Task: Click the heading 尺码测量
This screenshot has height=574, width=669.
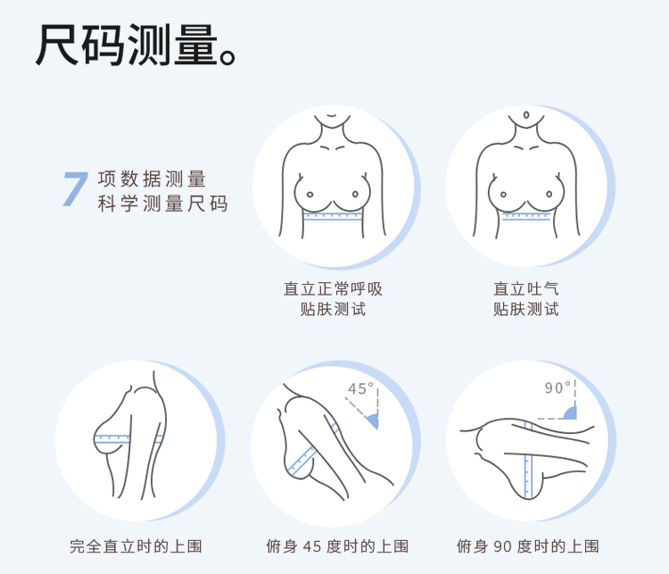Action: tap(128, 45)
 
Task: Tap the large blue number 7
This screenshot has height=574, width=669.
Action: tap(76, 188)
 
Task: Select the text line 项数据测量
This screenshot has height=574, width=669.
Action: tap(152, 179)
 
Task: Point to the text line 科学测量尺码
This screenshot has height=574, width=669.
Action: tap(162, 204)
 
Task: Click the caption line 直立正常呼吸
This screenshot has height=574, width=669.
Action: tap(333, 289)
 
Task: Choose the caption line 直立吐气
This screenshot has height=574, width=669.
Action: tap(526, 289)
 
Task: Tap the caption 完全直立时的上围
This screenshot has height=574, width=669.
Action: tap(136, 546)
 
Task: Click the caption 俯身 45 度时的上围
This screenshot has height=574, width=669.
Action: tap(337, 546)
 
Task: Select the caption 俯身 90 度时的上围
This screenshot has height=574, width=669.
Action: tap(528, 546)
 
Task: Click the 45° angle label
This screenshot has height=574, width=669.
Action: tap(360, 388)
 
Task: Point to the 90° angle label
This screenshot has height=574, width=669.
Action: tap(557, 387)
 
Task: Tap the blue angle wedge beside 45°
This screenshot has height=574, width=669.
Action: tap(373, 420)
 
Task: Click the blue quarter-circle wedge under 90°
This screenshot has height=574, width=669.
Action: tap(571, 413)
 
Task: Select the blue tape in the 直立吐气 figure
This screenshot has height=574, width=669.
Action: tap(526, 216)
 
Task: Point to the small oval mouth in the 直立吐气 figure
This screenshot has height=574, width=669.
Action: tap(526, 115)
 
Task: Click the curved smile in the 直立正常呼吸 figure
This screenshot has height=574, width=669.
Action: tap(333, 116)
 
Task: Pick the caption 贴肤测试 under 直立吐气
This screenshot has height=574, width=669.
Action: tap(526, 309)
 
